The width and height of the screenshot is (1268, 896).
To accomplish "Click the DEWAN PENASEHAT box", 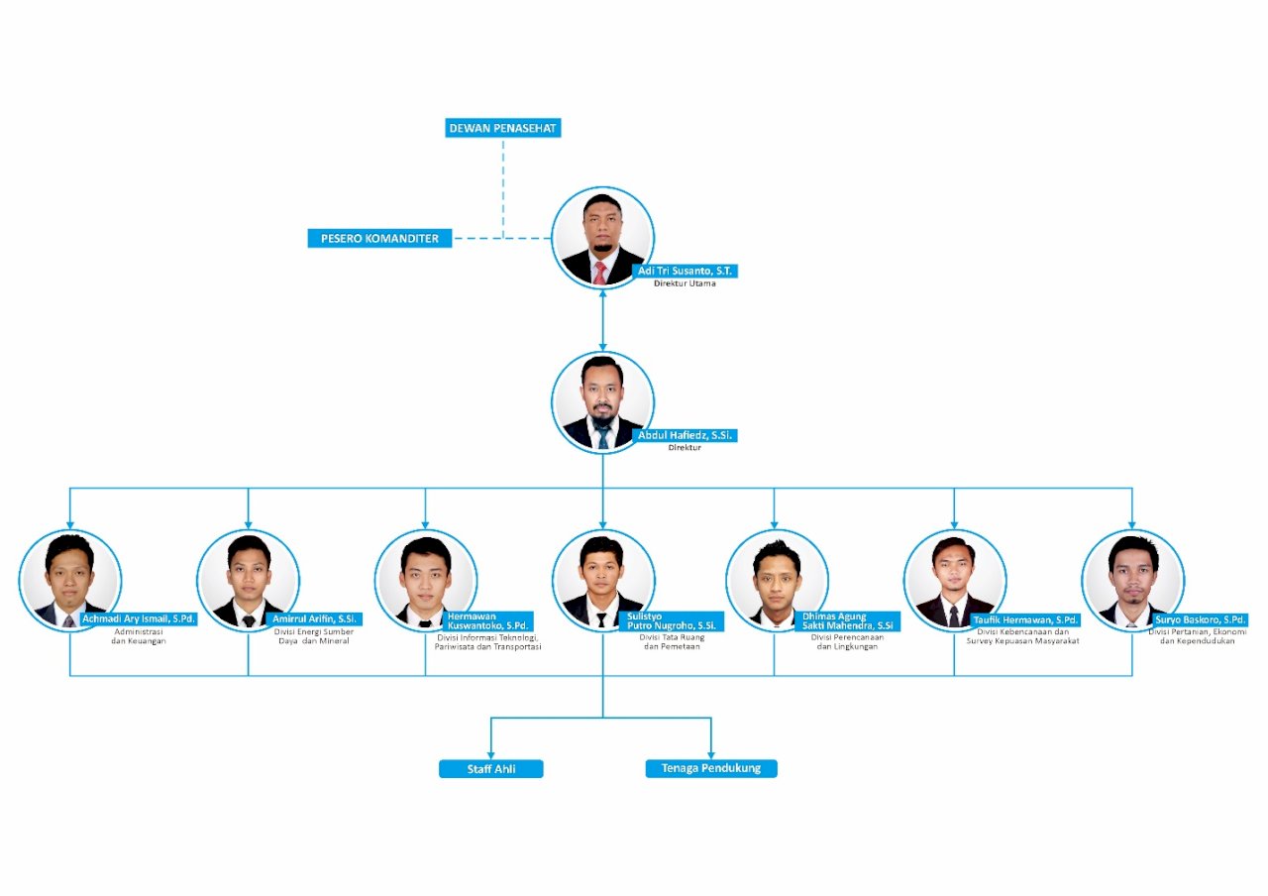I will point(503,128).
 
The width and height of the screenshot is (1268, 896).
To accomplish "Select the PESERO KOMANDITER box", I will point(379,238).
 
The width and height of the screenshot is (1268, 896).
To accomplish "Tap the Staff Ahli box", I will point(491,769).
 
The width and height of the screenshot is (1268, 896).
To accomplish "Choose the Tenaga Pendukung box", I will point(711,768).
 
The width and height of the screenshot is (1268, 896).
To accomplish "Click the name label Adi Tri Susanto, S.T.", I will point(687,271).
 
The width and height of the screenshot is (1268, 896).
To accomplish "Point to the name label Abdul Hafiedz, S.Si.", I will point(687,435).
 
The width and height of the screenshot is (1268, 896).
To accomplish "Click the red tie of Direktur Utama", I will point(600,273).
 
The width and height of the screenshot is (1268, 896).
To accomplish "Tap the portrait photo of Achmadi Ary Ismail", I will point(69,580).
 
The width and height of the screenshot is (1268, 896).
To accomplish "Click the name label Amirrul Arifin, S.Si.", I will point(316,619).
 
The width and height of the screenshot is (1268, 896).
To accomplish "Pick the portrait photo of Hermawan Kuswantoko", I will point(425,580).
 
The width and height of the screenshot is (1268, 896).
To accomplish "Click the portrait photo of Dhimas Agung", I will point(776,580).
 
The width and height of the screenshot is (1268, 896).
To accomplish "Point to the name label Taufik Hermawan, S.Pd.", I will point(1024,619).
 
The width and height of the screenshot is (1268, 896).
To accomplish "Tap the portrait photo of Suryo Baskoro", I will point(1132,580).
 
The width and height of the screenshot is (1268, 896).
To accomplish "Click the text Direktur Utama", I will point(685,283).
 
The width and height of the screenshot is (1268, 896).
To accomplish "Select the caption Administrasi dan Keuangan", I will point(139,636).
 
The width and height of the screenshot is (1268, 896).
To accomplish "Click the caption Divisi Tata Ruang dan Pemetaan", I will point(672,642).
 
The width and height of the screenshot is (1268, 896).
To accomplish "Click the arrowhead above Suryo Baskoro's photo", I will point(1132,523).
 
